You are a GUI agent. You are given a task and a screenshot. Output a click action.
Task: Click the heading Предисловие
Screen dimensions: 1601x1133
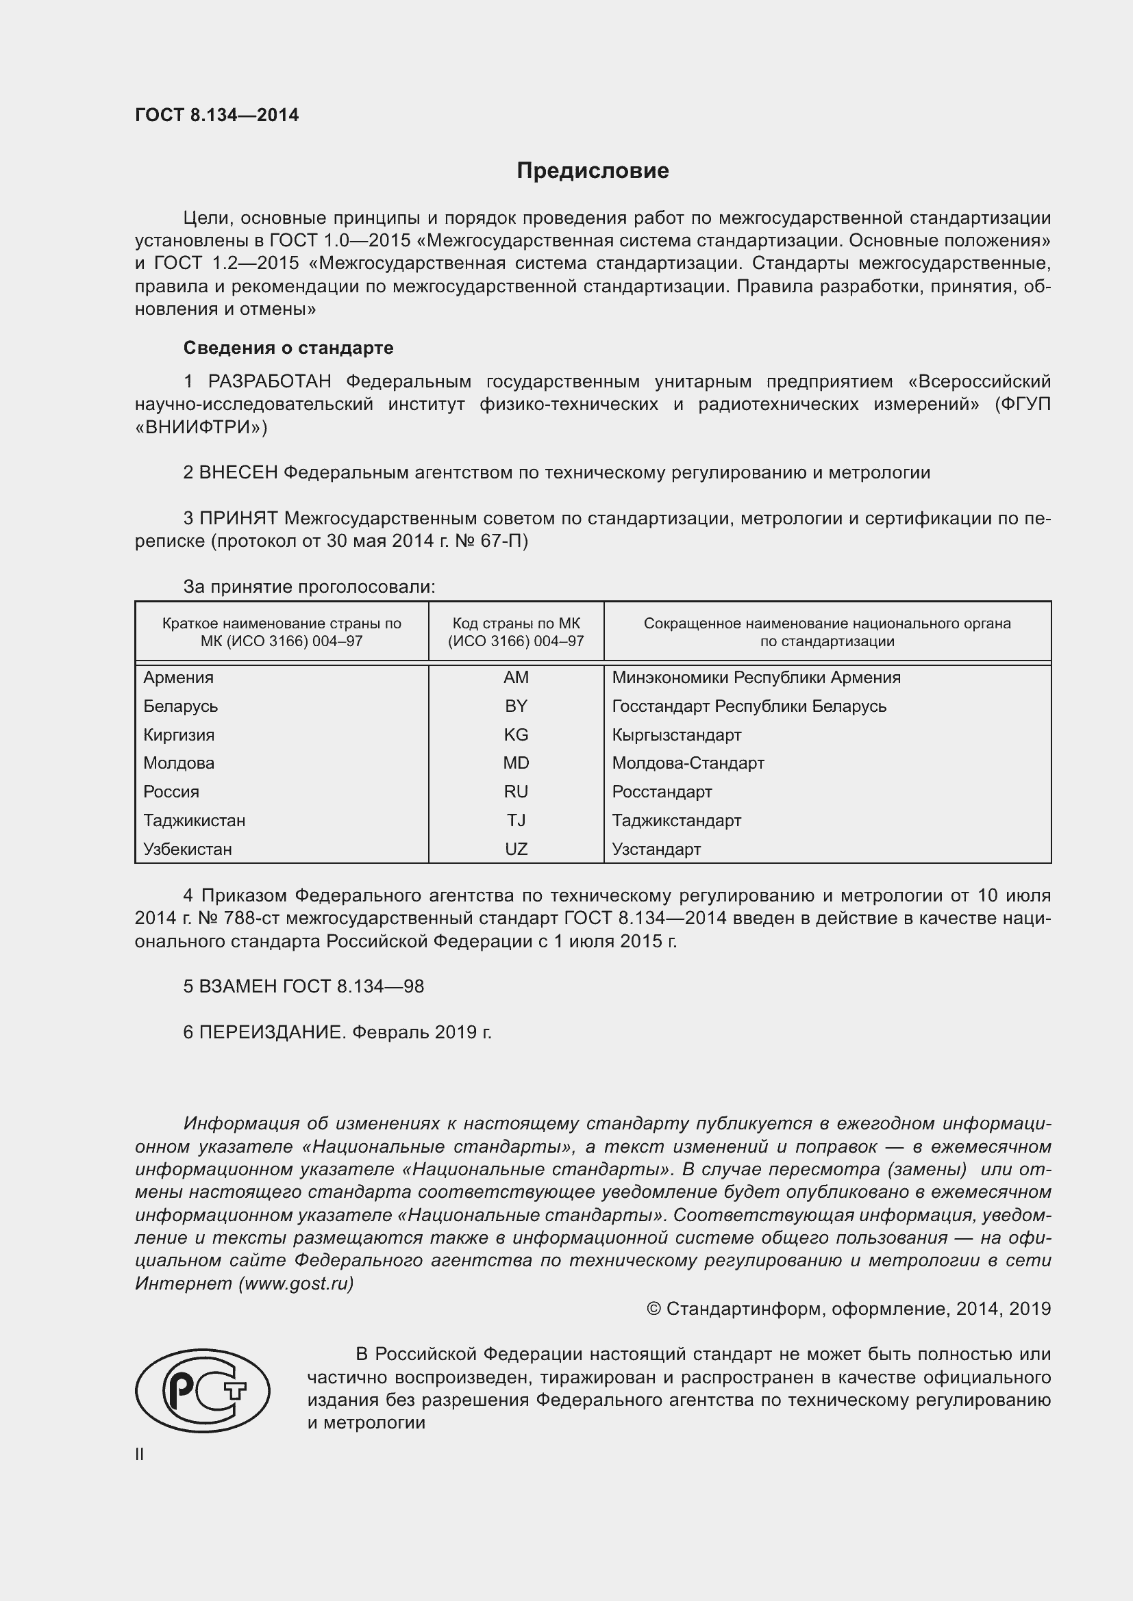point(593,171)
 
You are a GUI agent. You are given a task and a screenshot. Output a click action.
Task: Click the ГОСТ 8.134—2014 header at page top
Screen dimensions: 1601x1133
point(216,115)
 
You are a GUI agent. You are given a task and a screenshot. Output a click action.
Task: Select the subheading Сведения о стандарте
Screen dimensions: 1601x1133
point(288,347)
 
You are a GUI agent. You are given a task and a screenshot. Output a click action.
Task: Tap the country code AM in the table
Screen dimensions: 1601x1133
point(516,677)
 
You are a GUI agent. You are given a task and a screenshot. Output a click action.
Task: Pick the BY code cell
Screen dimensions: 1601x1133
point(516,706)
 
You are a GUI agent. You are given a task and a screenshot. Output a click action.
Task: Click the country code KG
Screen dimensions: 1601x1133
point(516,734)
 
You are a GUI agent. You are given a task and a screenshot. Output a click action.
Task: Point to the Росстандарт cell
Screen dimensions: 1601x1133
point(662,791)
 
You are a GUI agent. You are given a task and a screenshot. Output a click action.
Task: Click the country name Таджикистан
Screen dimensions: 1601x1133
point(194,820)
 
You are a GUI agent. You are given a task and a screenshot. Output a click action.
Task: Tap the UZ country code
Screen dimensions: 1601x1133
point(516,849)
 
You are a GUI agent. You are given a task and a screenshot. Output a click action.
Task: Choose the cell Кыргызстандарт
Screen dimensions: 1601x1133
point(676,734)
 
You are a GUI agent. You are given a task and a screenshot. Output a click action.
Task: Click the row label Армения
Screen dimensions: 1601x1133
point(179,677)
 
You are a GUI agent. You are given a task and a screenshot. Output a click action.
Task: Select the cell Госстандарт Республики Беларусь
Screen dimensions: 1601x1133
point(749,706)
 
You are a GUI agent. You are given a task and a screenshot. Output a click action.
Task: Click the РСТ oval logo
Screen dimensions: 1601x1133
point(202,1390)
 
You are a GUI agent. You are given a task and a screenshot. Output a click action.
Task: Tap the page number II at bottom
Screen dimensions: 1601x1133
point(140,1454)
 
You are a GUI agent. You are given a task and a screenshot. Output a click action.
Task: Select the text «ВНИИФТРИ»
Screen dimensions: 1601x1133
point(200,426)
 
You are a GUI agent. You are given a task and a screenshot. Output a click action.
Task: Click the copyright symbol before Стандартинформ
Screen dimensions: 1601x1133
point(653,1309)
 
